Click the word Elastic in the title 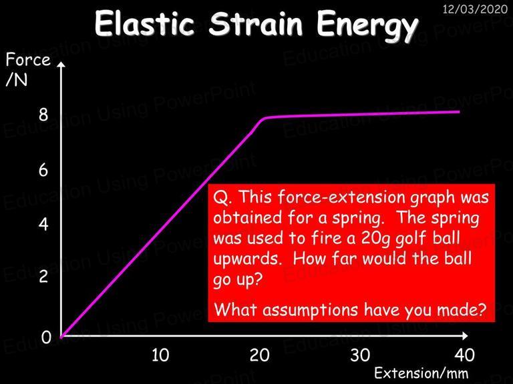(x=144, y=23)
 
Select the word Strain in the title (x=256, y=23)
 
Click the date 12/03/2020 (x=475, y=9)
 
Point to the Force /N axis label (x=28, y=69)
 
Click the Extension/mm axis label (x=421, y=373)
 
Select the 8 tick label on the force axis (x=43, y=115)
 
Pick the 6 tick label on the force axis (x=43, y=170)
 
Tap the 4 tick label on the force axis (x=43, y=225)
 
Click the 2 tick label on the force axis (x=43, y=277)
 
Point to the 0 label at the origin (x=46, y=337)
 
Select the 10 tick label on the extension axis (x=160, y=355)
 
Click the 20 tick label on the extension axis (x=259, y=355)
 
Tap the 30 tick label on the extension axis (x=360, y=355)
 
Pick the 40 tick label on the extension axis (x=465, y=355)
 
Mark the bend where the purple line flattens (x=265, y=118)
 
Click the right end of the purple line (x=460, y=112)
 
